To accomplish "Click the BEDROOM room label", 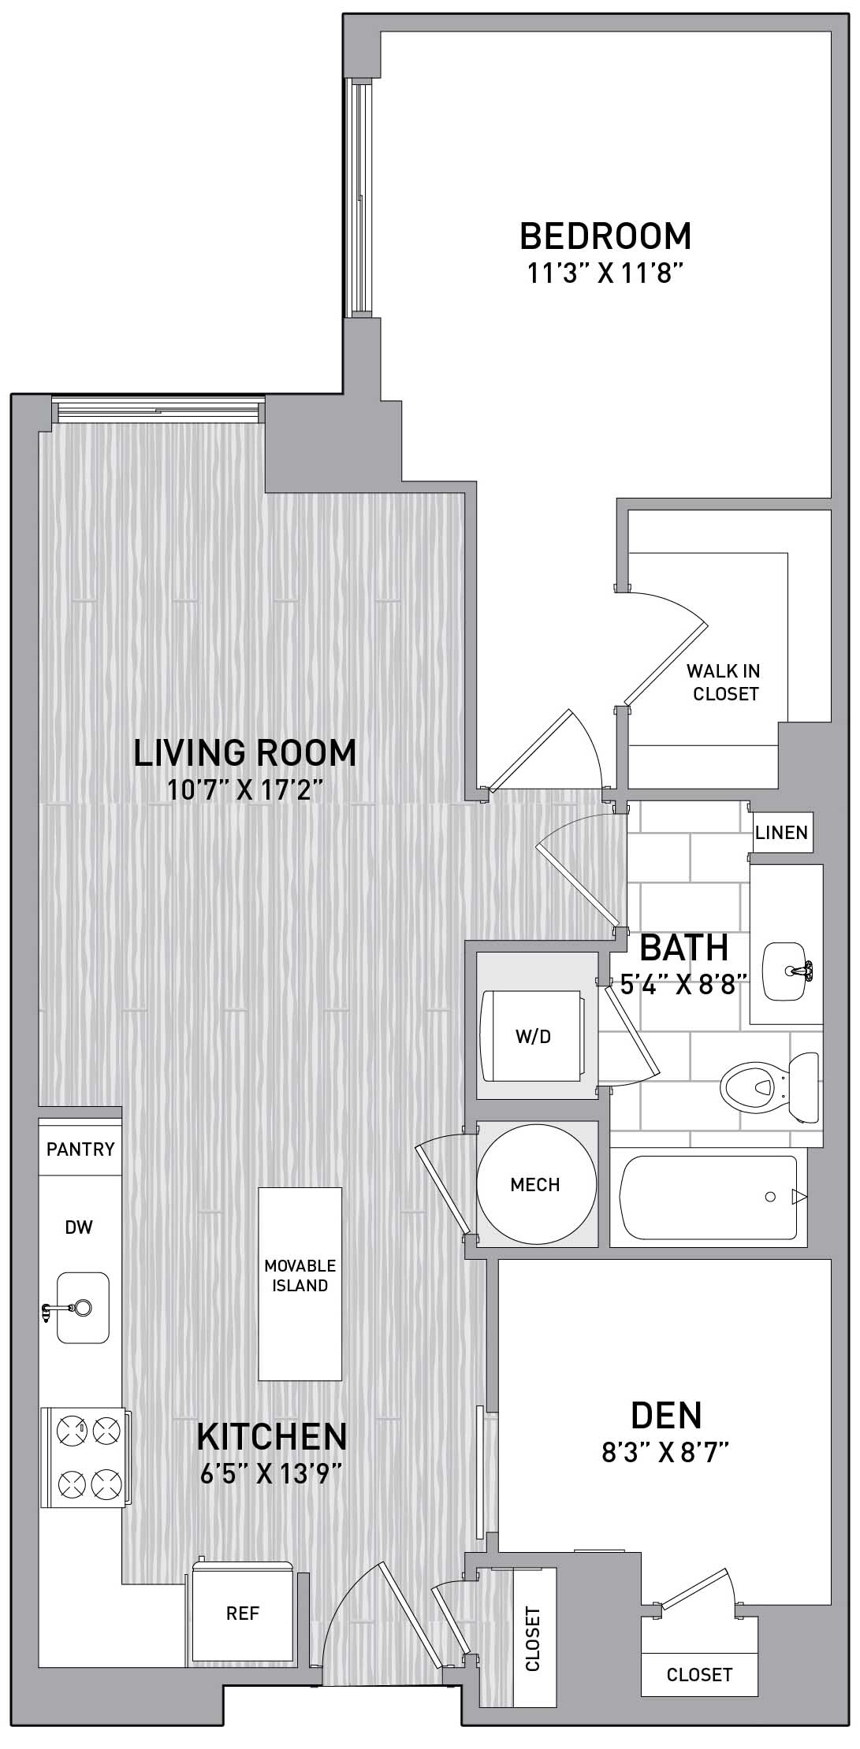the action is point(605,236).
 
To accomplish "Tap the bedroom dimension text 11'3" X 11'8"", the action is point(604,273).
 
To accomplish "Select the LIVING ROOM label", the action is point(245,752).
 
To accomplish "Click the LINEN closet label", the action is point(781,833).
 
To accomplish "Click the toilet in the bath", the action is point(769,1087).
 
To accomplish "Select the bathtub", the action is point(709,1197).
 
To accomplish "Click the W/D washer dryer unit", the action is point(533,1036).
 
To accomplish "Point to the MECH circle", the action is point(535,1184).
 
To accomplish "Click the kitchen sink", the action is point(82,1308).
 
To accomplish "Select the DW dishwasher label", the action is point(79,1227).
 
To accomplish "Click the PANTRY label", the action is point(80,1149).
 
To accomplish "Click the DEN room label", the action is point(666,1416).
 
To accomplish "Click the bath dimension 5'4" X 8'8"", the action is point(684,985).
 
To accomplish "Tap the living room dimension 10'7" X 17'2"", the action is point(245,789).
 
